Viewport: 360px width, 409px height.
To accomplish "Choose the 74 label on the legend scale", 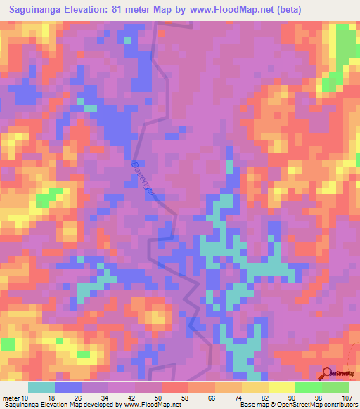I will click(239, 397).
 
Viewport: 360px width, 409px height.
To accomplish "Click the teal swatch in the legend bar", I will click(41, 387).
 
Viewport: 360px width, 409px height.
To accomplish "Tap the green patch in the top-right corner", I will click(342, 53).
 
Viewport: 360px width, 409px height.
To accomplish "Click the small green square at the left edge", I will click(7, 344).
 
